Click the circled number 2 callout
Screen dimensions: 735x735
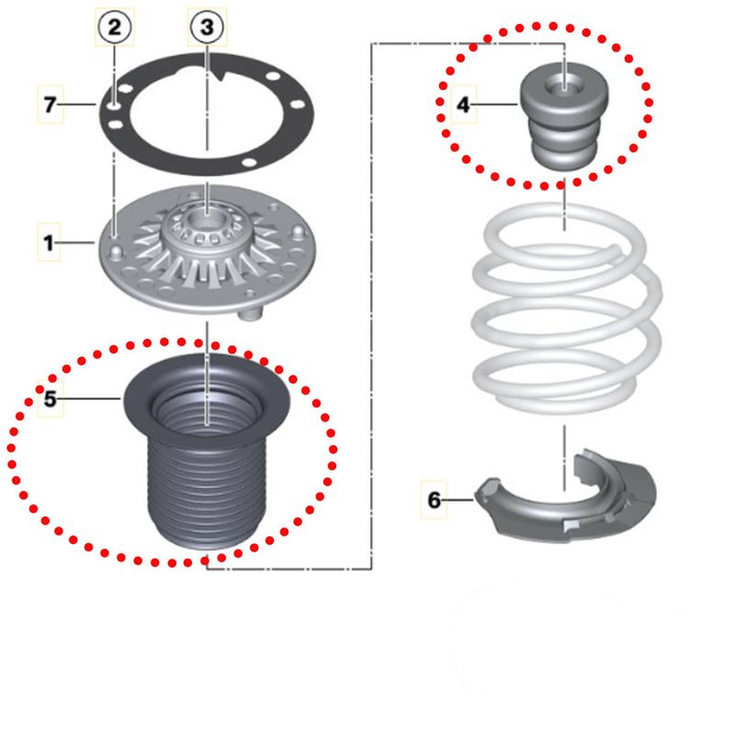click(115, 27)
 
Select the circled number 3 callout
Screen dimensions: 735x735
click(208, 27)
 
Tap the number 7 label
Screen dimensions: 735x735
click(51, 104)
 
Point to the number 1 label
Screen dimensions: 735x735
click(49, 243)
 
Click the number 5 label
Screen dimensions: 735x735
click(50, 399)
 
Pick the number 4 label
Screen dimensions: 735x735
click(463, 105)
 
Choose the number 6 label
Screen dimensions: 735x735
click(434, 500)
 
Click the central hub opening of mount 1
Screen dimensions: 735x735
click(208, 220)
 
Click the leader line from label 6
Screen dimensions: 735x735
click(457, 500)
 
